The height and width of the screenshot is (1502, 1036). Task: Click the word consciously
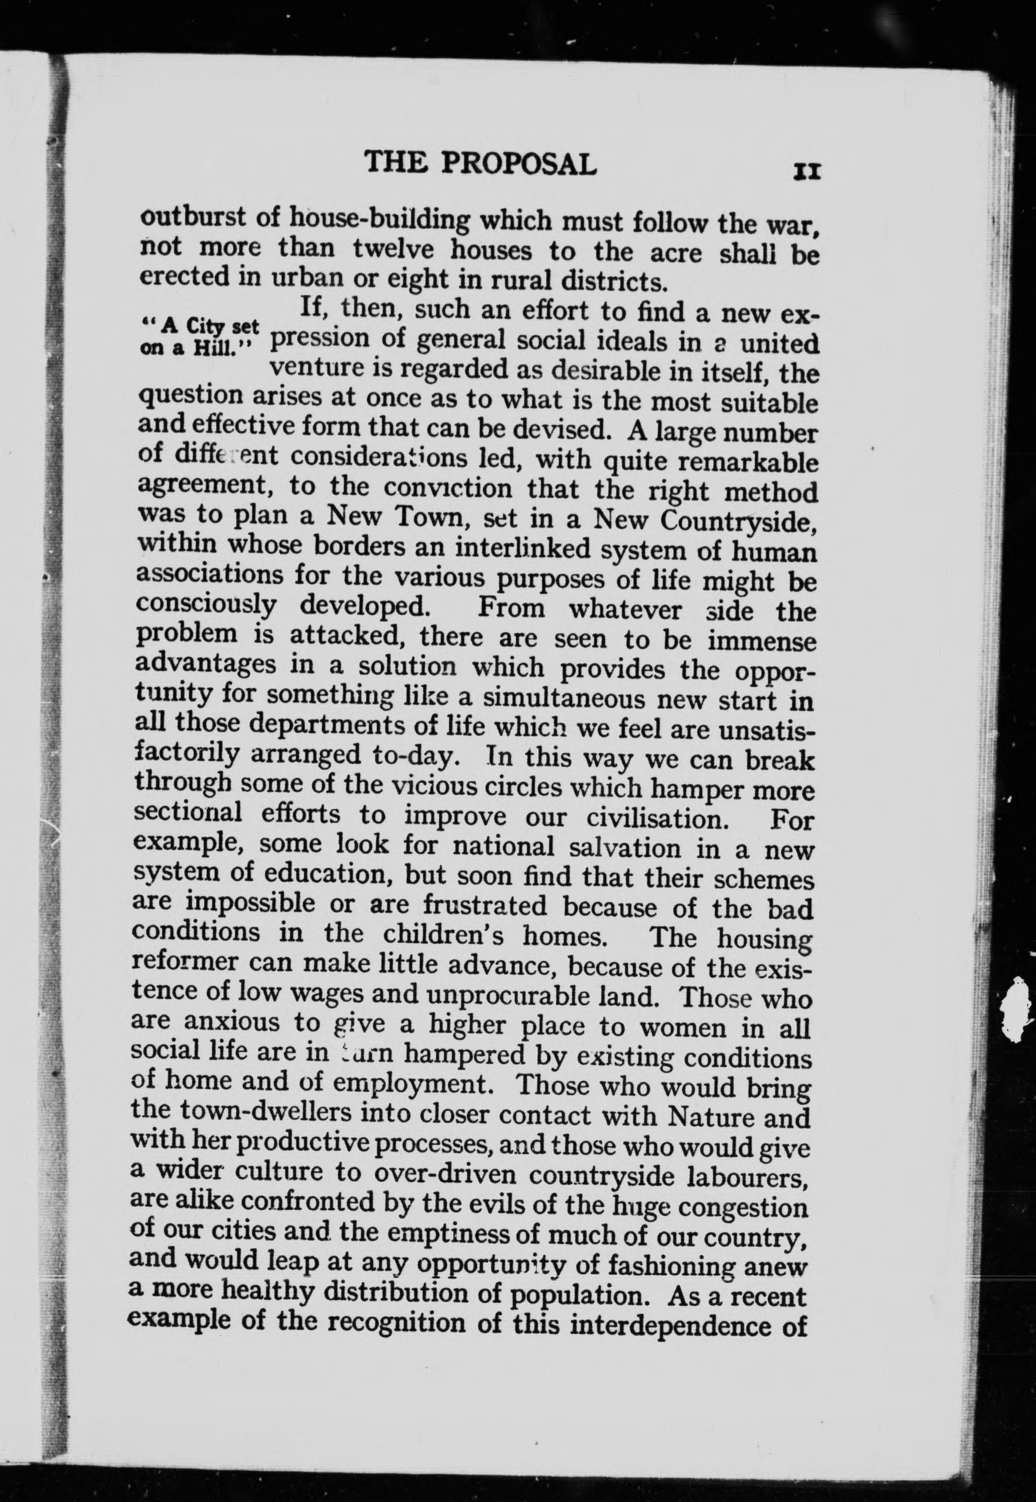[206, 606]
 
